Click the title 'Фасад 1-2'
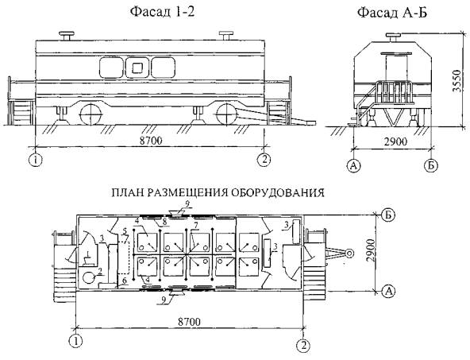[x=162, y=12]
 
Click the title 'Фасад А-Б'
[x=392, y=13]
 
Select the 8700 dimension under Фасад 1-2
[x=151, y=141]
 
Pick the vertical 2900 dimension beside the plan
[x=372, y=250]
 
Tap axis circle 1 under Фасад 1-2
[x=37, y=160]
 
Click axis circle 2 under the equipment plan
[x=303, y=346]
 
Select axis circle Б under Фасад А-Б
[x=431, y=165]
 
